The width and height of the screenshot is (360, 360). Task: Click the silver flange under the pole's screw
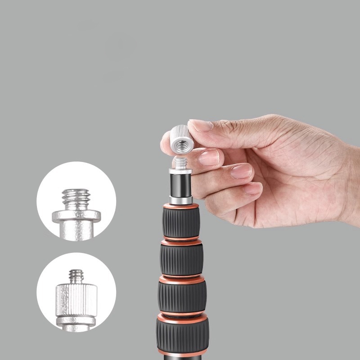(180, 171)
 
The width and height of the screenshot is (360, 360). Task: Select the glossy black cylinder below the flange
(181, 185)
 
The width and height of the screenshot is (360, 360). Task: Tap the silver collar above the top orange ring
(181, 200)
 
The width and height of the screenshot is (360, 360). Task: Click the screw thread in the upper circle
(76, 198)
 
